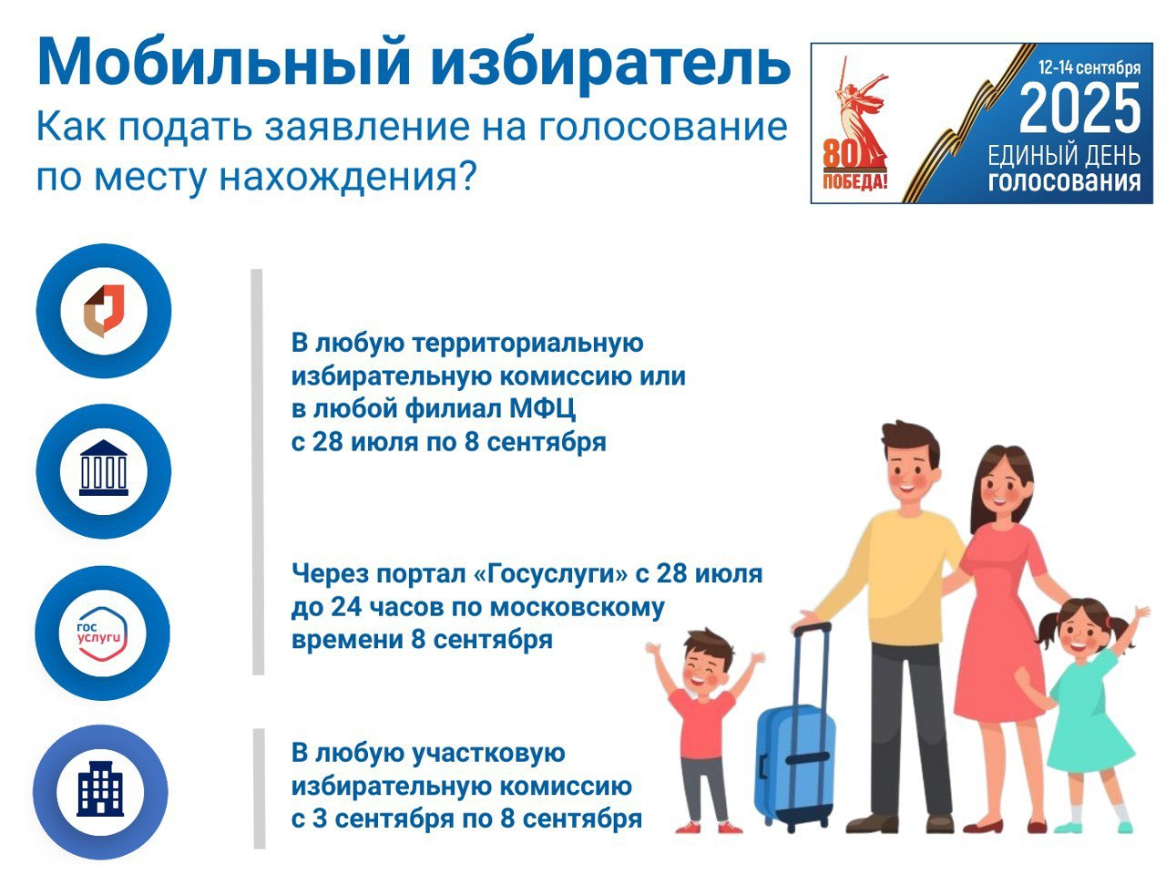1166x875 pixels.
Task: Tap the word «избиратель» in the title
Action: coord(609,65)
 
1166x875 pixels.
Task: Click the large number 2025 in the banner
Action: coord(1079,108)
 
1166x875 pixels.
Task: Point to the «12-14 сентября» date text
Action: coord(1089,67)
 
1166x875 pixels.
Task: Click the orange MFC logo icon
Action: coord(104,311)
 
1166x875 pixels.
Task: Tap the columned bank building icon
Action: coord(104,468)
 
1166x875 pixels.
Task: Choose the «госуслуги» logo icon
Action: coord(103,633)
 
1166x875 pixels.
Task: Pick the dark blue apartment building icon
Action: coord(100,788)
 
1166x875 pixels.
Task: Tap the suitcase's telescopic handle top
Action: coord(811,627)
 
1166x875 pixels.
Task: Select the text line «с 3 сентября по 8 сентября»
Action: coord(467,818)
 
